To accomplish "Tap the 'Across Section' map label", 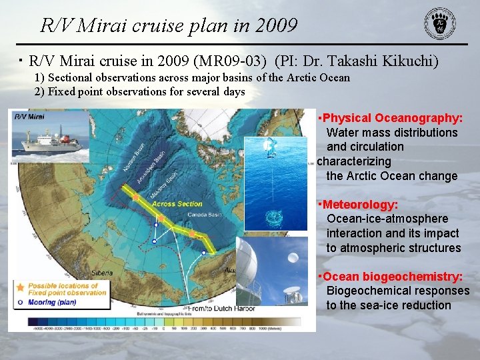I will click(x=177, y=204).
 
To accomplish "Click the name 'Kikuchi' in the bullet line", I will click(x=411, y=61).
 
